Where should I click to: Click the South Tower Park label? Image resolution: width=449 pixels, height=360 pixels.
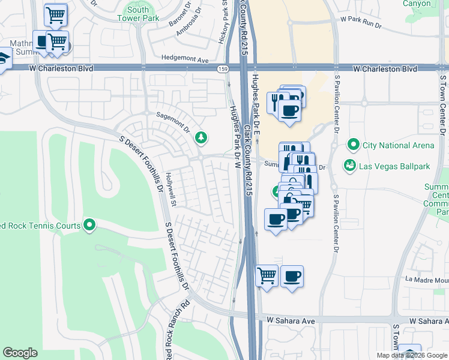click(x=138, y=14)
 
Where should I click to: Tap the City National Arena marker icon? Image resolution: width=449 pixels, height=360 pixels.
click(x=354, y=145)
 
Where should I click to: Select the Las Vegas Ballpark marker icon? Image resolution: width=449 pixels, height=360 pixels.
click(x=349, y=164)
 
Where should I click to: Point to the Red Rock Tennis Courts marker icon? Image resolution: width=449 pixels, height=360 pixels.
click(x=90, y=226)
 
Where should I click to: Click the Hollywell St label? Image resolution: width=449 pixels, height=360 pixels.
click(x=171, y=190)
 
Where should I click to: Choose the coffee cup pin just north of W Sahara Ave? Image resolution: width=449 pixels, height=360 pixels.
click(x=292, y=277)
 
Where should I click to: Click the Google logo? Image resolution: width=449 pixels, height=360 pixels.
click(x=20, y=353)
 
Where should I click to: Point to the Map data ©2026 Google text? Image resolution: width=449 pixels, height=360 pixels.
click(x=412, y=355)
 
